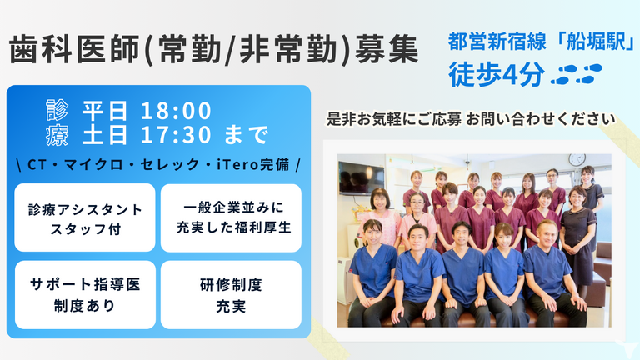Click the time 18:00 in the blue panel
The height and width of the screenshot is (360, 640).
click(176, 111)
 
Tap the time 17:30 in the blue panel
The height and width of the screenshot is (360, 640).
click(176, 135)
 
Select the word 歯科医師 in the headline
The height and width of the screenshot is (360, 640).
click(76, 50)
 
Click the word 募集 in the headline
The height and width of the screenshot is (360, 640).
click(387, 50)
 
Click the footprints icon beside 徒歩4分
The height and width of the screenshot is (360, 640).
click(577, 74)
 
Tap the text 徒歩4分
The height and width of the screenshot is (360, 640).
click(497, 74)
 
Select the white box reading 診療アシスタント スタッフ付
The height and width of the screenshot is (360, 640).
click(85, 217)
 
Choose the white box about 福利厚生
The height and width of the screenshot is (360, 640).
click(231, 217)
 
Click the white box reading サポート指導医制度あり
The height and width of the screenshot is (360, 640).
click(85, 295)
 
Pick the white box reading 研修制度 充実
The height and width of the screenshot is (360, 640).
click(231, 295)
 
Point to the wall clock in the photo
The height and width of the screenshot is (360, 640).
click(577, 159)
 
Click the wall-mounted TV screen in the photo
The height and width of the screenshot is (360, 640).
click(361, 177)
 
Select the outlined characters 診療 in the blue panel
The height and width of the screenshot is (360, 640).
click(57, 122)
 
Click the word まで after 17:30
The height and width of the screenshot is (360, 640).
click(247, 135)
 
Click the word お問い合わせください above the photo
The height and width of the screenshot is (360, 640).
click(541, 119)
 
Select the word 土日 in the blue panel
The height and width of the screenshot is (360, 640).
click(105, 135)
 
